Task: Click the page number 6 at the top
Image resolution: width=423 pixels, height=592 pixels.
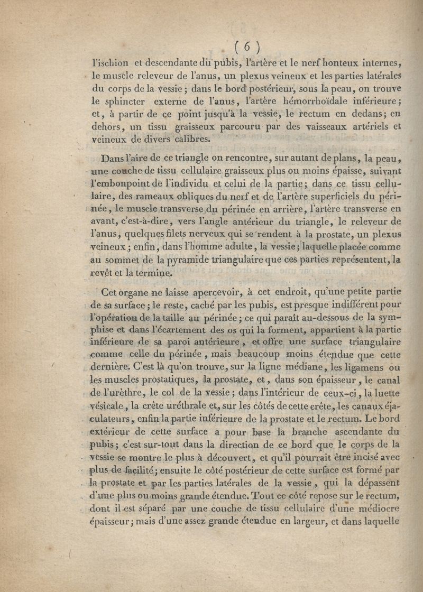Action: (x=247, y=47)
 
